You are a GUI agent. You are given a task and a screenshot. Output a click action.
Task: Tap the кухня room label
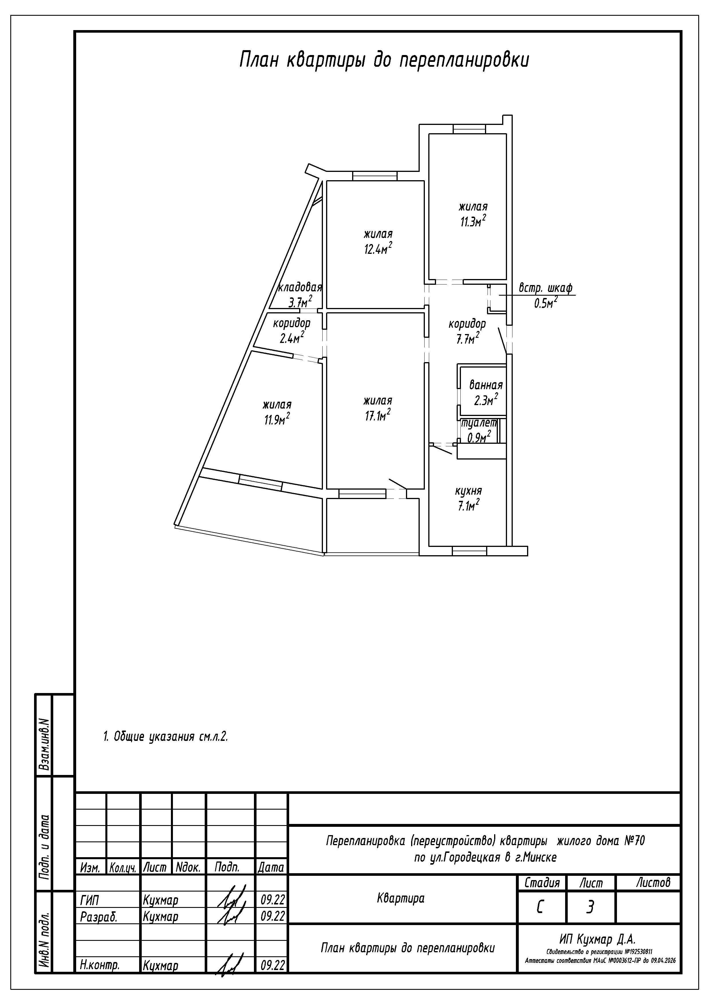(x=469, y=491)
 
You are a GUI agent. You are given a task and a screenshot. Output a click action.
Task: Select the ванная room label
(x=486, y=385)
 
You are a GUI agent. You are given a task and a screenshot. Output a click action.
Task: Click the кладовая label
(x=300, y=288)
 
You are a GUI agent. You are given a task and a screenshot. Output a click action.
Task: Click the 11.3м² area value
(x=473, y=221)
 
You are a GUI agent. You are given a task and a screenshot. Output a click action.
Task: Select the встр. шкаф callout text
(x=545, y=288)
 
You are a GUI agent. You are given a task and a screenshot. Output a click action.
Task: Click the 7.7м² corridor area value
(x=468, y=338)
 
